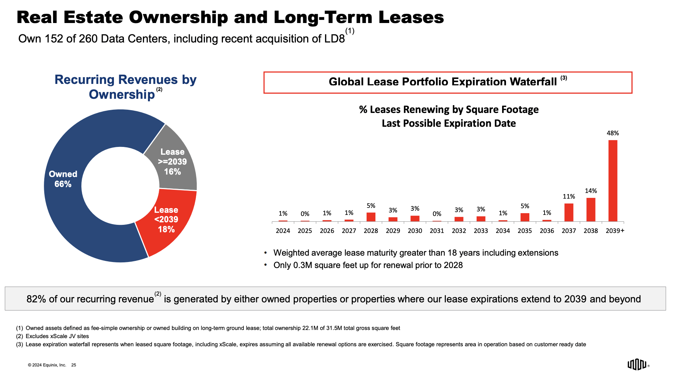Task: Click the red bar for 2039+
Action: [612, 181]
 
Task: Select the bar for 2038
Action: [591, 210]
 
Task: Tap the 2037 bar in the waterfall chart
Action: [569, 212]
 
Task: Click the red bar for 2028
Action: [371, 217]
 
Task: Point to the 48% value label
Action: [612, 133]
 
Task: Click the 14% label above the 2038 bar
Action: [591, 191]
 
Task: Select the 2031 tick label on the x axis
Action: [437, 231]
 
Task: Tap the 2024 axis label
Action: [283, 231]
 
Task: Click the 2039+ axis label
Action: [615, 231]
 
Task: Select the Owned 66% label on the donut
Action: [63, 179]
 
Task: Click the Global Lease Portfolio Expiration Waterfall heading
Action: [443, 82]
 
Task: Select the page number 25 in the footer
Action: [74, 365]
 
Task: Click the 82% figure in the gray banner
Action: [36, 299]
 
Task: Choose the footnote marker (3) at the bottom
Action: [19, 344]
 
